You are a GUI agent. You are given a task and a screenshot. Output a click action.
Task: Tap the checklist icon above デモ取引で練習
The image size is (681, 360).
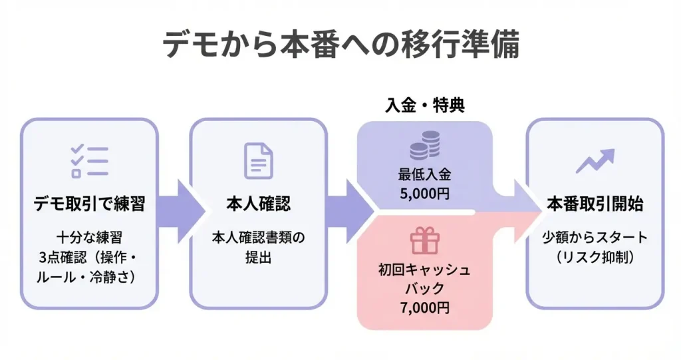coord(89,160)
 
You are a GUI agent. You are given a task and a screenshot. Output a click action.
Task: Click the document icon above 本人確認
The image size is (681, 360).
coord(258,160)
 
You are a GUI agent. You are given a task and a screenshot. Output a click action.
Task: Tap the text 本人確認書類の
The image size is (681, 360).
coord(258,237)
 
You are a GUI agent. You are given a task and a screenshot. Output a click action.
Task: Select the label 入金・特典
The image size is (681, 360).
coord(425,105)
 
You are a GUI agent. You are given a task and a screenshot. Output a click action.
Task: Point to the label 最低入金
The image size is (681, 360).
coord(425,176)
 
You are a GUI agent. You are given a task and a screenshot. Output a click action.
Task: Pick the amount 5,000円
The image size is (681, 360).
coord(425,195)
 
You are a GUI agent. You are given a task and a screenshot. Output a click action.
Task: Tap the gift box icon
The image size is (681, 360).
coord(425,240)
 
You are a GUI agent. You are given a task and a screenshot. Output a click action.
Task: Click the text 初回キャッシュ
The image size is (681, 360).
coord(425,271)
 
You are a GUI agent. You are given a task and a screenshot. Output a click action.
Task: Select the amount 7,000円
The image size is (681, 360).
coord(425,308)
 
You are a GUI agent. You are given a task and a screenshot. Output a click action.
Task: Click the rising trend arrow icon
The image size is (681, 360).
coord(595,160)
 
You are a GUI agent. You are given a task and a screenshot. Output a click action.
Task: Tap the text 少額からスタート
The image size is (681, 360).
coord(595,237)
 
